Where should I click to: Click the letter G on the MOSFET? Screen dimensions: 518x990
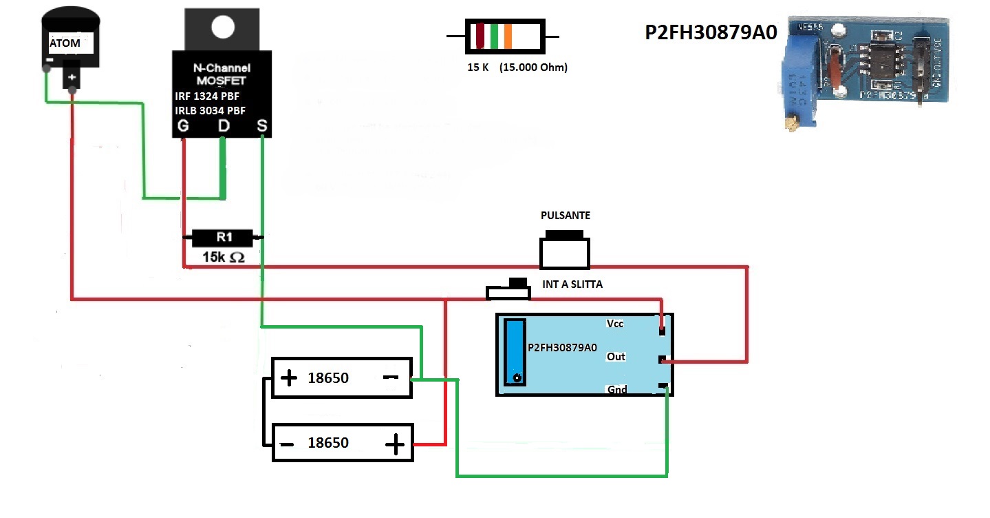184,126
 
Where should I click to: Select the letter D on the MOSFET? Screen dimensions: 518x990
224,126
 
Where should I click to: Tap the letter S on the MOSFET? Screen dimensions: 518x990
262,126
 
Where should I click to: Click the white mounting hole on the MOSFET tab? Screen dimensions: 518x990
222,27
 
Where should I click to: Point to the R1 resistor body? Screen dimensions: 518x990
223,238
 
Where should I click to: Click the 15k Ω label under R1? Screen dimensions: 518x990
223,257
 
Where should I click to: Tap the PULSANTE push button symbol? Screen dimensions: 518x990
565,252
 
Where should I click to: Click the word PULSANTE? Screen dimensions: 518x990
566,216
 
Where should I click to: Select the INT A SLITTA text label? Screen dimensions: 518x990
572,284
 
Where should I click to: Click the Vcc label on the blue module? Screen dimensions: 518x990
616,324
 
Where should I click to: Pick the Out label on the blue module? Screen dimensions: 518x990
616,357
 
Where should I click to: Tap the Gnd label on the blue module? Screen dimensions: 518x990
617,390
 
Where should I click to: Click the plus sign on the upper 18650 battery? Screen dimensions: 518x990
289,377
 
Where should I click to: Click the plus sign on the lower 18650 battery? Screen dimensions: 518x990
395,445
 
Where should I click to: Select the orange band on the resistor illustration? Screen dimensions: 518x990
508,37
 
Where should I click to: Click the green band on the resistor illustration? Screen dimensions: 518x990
494,37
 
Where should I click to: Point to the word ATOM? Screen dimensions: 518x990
65,43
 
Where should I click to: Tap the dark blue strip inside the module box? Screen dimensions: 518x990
514,352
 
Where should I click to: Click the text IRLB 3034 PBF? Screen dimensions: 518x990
211,110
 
